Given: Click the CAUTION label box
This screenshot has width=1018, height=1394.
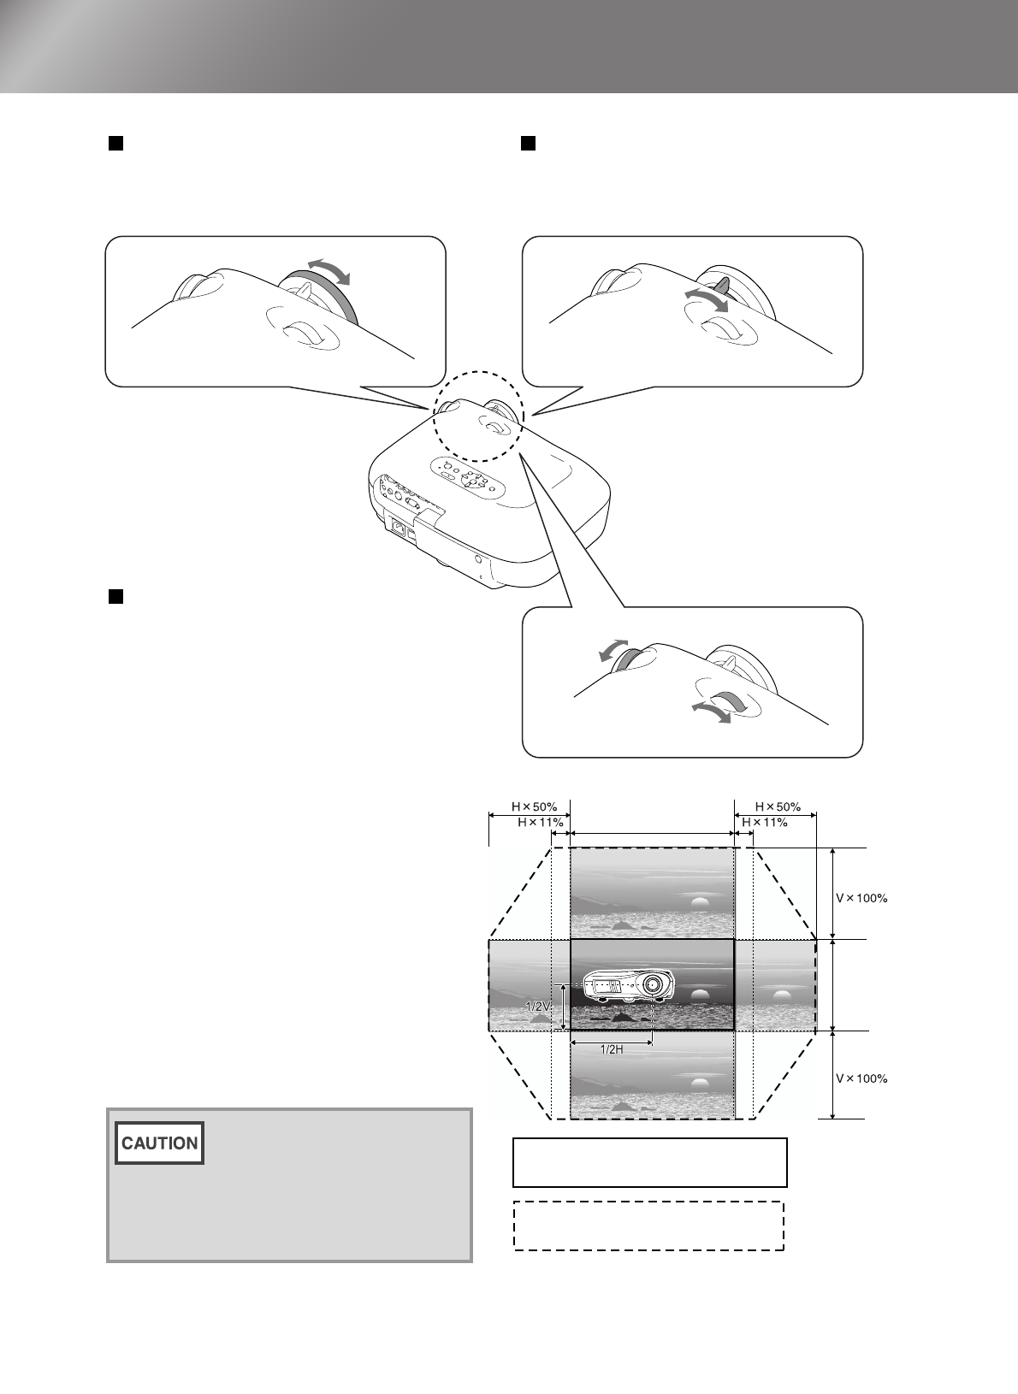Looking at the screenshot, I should (x=160, y=1143).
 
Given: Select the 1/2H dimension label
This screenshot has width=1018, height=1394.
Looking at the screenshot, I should (x=612, y=1049).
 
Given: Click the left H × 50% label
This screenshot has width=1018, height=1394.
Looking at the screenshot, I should (x=535, y=806).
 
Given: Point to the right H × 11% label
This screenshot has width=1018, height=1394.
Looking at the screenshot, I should (x=764, y=822).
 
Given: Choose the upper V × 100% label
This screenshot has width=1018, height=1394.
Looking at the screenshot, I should (x=861, y=898).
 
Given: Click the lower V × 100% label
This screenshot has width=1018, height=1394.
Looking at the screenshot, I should (x=861, y=1078).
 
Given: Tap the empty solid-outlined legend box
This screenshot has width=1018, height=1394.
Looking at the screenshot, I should (x=649, y=1162).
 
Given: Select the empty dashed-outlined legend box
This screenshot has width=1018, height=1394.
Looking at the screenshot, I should (x=648, y=1226).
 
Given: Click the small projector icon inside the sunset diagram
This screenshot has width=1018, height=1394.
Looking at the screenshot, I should (x=626, y=986).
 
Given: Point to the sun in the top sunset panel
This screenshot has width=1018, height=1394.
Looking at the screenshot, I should (x=700, y=901).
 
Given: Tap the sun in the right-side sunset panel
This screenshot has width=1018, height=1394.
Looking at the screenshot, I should (x=780, y=995).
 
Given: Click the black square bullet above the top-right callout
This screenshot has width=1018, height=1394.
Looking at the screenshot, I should (x=528, y=143).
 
